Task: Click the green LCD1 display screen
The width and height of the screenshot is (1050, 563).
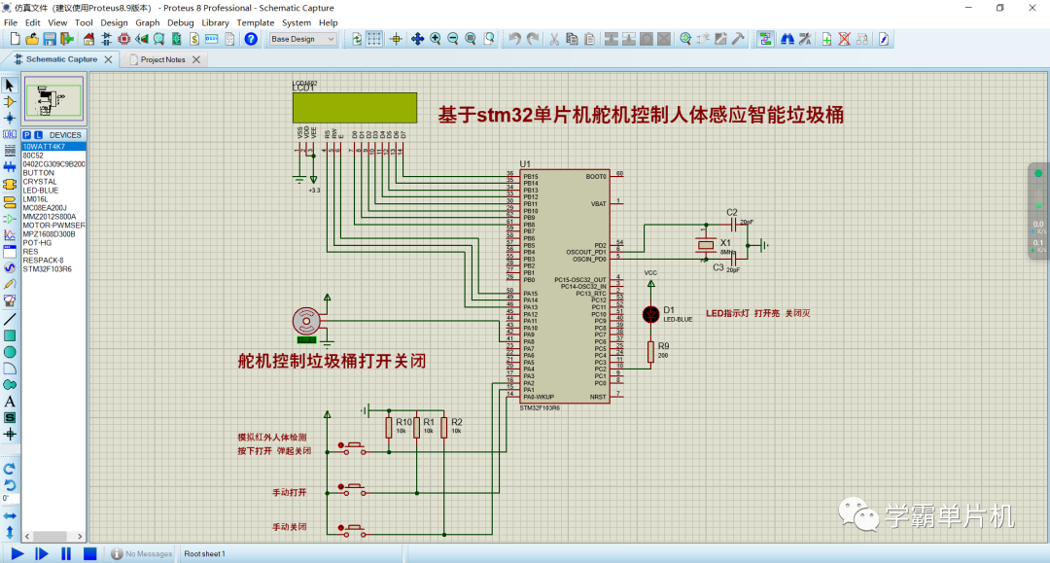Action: coord(354,107)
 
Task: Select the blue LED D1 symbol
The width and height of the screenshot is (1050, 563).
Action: coord(650,313)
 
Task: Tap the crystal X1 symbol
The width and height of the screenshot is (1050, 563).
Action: coord(707,247)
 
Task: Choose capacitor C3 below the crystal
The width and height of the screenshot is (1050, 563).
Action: coord(734,259)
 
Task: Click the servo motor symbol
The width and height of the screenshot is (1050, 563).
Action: coord(307,320)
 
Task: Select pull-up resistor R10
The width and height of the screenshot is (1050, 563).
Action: coord(389,427)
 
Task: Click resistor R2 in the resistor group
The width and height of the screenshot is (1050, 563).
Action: coord(444,427)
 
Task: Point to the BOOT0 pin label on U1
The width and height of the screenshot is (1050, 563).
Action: coord(595,177)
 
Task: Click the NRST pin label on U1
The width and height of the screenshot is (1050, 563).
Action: coord(598,397)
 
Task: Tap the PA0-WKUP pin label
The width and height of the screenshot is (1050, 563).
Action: coord(539,397)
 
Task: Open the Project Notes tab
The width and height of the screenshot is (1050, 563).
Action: coord(162,59)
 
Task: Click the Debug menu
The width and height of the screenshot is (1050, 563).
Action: coord(180,22)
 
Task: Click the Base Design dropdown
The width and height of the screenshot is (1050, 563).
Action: coord(302,39)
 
